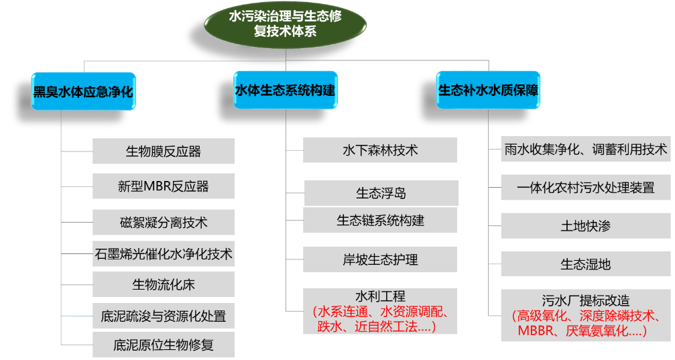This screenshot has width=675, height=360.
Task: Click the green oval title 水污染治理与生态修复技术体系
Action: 285,23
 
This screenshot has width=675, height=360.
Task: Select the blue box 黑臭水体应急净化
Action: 84,91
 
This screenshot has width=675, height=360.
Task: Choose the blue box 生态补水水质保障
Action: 488,91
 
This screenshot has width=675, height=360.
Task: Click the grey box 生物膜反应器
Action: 164,151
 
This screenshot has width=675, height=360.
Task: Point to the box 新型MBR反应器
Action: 164,186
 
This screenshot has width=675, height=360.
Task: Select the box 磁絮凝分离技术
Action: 164,222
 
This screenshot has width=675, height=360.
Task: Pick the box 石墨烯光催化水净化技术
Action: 164,253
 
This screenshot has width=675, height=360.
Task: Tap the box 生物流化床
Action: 164,285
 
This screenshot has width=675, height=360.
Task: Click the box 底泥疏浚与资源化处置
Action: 164,316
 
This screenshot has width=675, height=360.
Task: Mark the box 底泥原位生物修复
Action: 164,346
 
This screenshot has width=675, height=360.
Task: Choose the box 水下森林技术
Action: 380,150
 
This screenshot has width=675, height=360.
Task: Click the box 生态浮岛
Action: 381,193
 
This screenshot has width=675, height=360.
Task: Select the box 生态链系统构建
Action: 380,220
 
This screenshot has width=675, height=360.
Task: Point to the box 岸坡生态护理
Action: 380,259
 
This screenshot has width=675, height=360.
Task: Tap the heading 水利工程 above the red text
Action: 380,296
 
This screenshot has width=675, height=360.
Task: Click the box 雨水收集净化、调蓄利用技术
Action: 586,149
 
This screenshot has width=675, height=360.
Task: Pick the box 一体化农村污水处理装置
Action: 586,187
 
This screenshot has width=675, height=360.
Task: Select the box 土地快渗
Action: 586,226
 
